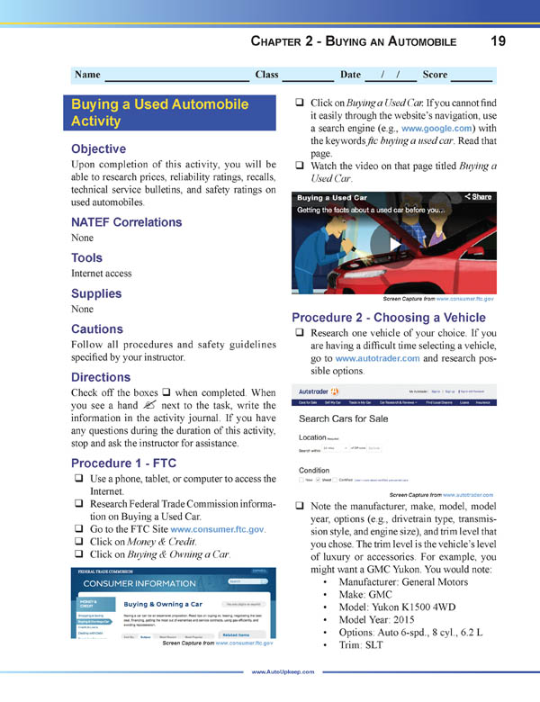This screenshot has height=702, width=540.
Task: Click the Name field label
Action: click(x=87, y=75)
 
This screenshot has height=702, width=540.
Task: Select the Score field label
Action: click(x=436, y=75)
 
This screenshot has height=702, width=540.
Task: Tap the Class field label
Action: click(x=266, y=75)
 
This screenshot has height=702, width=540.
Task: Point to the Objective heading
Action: click(x=99, y=148)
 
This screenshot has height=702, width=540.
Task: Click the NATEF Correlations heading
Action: click(x=126, y=222)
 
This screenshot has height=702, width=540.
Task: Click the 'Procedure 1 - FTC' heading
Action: click(x=122, y=463)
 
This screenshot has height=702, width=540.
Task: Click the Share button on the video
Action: click(x=478, y=196)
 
